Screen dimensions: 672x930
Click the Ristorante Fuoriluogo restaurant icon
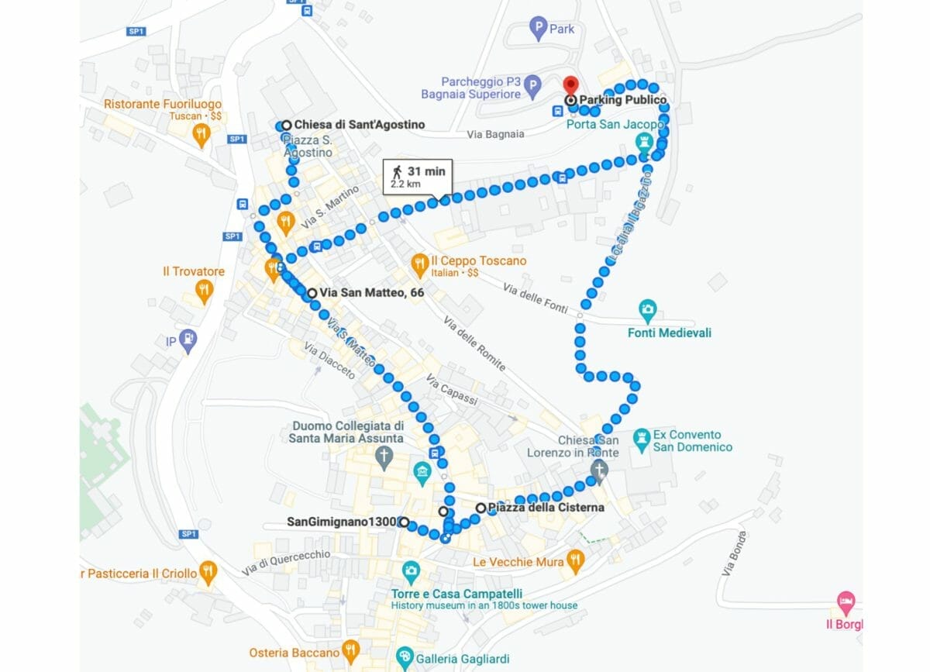pos(201,134)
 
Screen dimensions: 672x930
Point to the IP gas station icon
pos(187,339)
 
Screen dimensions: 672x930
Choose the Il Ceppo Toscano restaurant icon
pos(420,264)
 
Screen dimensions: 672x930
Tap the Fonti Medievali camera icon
pos(648,311)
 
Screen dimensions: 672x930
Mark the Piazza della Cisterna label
pos(546,508)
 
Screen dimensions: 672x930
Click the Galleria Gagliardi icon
pos(404,658)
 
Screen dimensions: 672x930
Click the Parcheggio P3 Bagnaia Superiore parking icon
pos(532,86)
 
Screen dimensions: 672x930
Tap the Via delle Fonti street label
pos(536,298)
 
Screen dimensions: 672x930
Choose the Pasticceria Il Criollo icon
pos(208,573)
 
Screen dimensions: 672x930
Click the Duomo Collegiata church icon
pos(384,458)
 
